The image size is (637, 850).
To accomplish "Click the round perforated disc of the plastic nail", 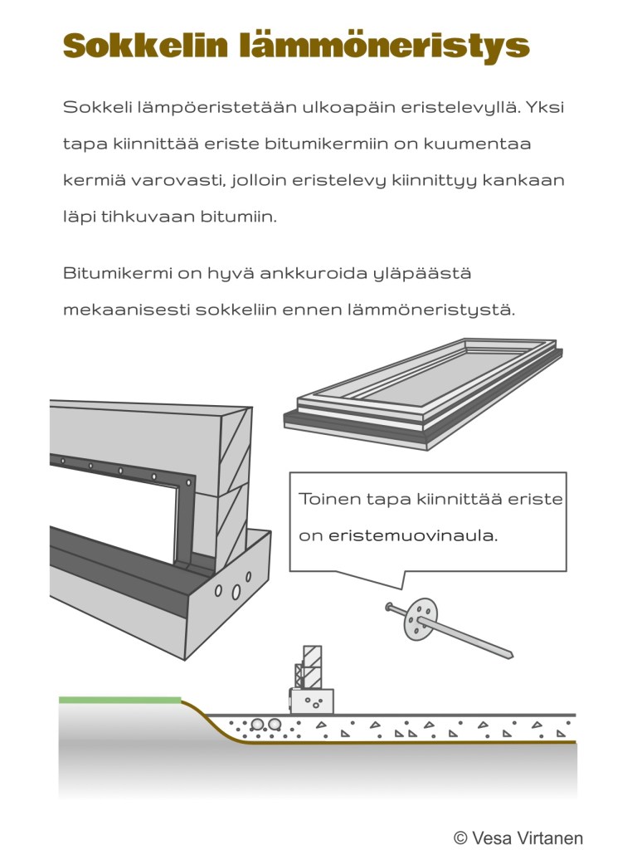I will point(421,620).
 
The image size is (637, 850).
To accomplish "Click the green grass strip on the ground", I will point(119,700).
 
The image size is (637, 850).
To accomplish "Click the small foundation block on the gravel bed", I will point(311,701).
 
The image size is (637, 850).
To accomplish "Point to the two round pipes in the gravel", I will point(266,725).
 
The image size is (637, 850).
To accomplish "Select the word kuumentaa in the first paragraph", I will point(478,144).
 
